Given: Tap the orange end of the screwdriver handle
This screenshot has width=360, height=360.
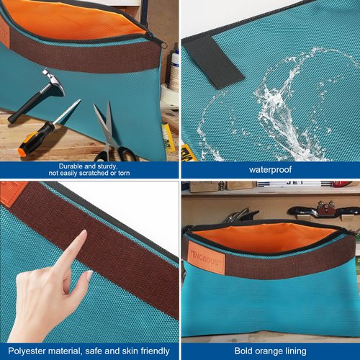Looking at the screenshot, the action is [x=22, y=153].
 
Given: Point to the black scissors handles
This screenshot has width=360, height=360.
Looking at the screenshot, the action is [x=115, y=154].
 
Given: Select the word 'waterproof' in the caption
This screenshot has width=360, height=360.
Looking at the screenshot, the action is [x=270, y=170].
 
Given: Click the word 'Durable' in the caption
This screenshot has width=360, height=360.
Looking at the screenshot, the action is [x=71, y=166].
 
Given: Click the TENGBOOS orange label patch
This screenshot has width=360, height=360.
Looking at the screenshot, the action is [x=206, y=258].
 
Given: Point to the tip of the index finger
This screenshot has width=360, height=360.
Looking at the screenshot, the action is [x=84, y=233].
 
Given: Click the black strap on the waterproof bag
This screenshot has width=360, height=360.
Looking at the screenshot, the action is [x=213, y=63].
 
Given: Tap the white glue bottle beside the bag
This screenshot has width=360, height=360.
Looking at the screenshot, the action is [x=174, y=70].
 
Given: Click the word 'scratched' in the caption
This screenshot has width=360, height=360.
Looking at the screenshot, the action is [x=94, y=173].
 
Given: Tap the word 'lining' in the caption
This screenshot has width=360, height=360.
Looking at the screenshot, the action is [x=296, y=351].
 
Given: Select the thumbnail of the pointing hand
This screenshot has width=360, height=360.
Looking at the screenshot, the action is [x=89, y=274].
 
